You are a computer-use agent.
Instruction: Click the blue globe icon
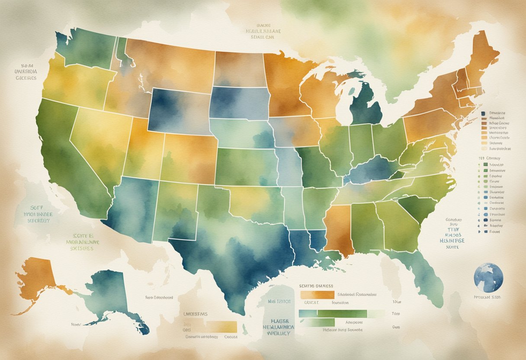(488, 278)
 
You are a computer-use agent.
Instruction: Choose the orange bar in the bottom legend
(317, 295)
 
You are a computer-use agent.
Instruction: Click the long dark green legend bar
(342, 314)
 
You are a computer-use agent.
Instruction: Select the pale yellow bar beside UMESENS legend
(221, 327)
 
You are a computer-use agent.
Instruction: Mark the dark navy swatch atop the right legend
(483, 113)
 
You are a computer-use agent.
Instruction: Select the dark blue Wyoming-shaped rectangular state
(178, 110)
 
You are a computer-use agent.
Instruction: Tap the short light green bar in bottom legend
(319, 322)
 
